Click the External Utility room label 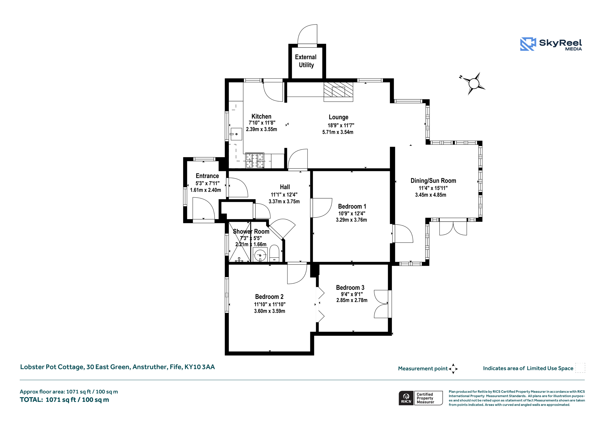(x=306, y=61)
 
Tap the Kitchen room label (x=261, y=116)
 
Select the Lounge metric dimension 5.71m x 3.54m (x=338, y=132)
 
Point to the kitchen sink (x=236, y=134)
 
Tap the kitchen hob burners (x=255, y=160)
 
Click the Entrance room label (x=207, y=176)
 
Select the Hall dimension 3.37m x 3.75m (x=284, y=201)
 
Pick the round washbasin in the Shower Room (x=260, y=255)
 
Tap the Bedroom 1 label (x=352, y=206)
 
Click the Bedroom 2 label (x=269, y=297)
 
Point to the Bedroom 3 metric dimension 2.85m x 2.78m (x=352, y=300)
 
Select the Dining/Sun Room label (x=433, y=181)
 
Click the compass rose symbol (x=474, y=83)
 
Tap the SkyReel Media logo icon (x=528, y=44)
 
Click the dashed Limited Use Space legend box (x=580, y=368)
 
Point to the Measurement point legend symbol (x=453, y=369)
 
